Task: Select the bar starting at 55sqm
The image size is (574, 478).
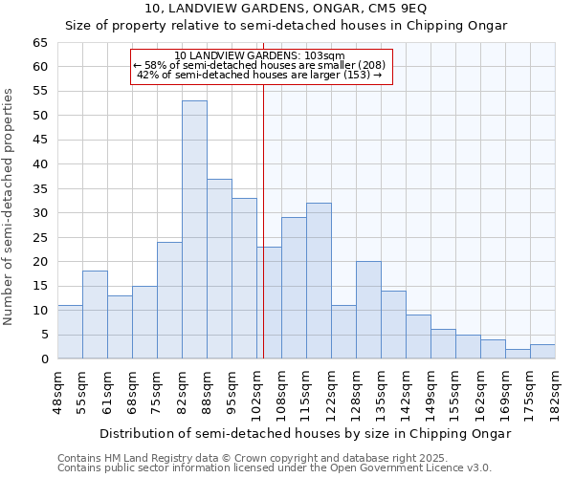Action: tap(95, 315)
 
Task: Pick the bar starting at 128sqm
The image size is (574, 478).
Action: tap(368, 310)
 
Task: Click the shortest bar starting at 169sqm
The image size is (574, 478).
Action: tap(518, 354)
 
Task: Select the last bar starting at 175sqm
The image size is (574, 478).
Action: tap(542, 351)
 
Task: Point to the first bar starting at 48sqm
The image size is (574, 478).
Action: tap(70, 332)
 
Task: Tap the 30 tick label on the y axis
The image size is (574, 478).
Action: tap(39, 213)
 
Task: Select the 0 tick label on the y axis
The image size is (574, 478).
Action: tap(43, 359)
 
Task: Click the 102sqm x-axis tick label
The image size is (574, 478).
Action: tap(256, 390)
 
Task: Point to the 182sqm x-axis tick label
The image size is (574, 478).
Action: tap(555, 390)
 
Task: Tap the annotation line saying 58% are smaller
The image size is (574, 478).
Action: tap(259, 65)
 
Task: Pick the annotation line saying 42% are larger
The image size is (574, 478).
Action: tap(259, 75)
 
